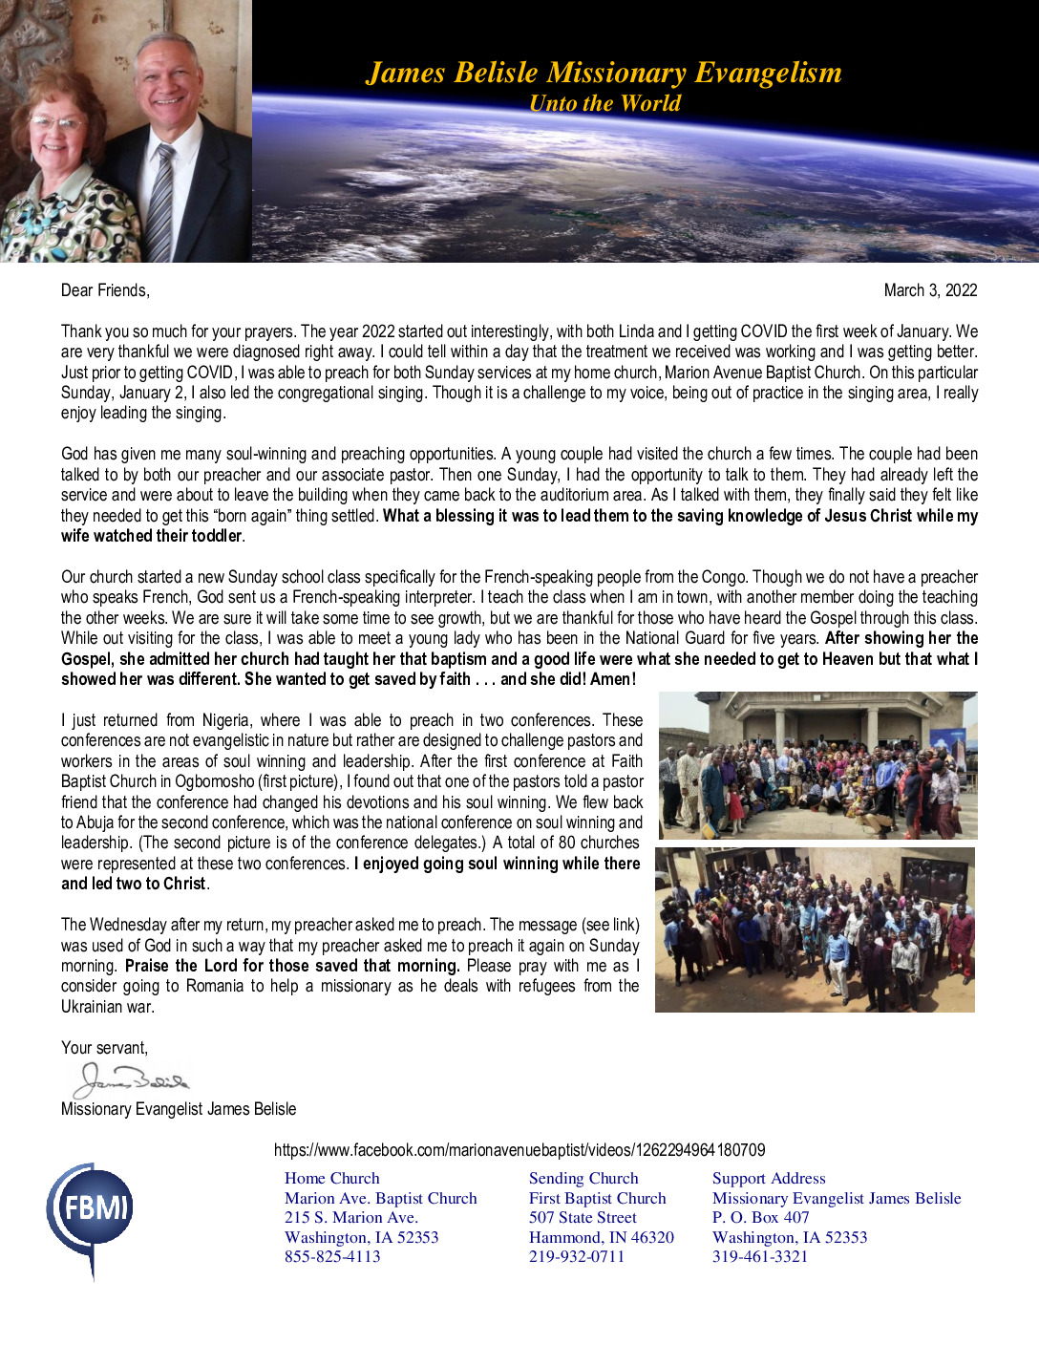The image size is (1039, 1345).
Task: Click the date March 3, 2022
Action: click(930, 290)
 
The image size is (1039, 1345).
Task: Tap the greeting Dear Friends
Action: click(105, 290)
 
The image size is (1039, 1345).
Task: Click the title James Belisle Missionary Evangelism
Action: click(604, 73)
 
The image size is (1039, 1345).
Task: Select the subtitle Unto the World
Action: click(604, 103)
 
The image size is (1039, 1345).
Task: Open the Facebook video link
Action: click(519, 1150)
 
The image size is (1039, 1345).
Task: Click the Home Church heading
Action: click(331, 1179)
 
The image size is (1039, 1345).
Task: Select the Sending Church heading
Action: click(583, 1179)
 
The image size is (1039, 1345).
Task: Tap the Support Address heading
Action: click(769, 1179)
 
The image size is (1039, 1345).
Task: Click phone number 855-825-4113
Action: click(332, 1257)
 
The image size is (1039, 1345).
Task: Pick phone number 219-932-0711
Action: click(577, 1257)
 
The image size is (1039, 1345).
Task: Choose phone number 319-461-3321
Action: click(760, 1257)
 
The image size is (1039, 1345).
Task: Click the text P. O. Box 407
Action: click(760, 1218)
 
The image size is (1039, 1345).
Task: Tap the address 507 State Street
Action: click(583, 1218)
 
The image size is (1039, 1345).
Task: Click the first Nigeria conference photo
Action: click(817, 765)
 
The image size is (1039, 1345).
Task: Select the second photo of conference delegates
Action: click(815, 929)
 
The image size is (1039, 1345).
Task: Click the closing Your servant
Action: click(104, 1048)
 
